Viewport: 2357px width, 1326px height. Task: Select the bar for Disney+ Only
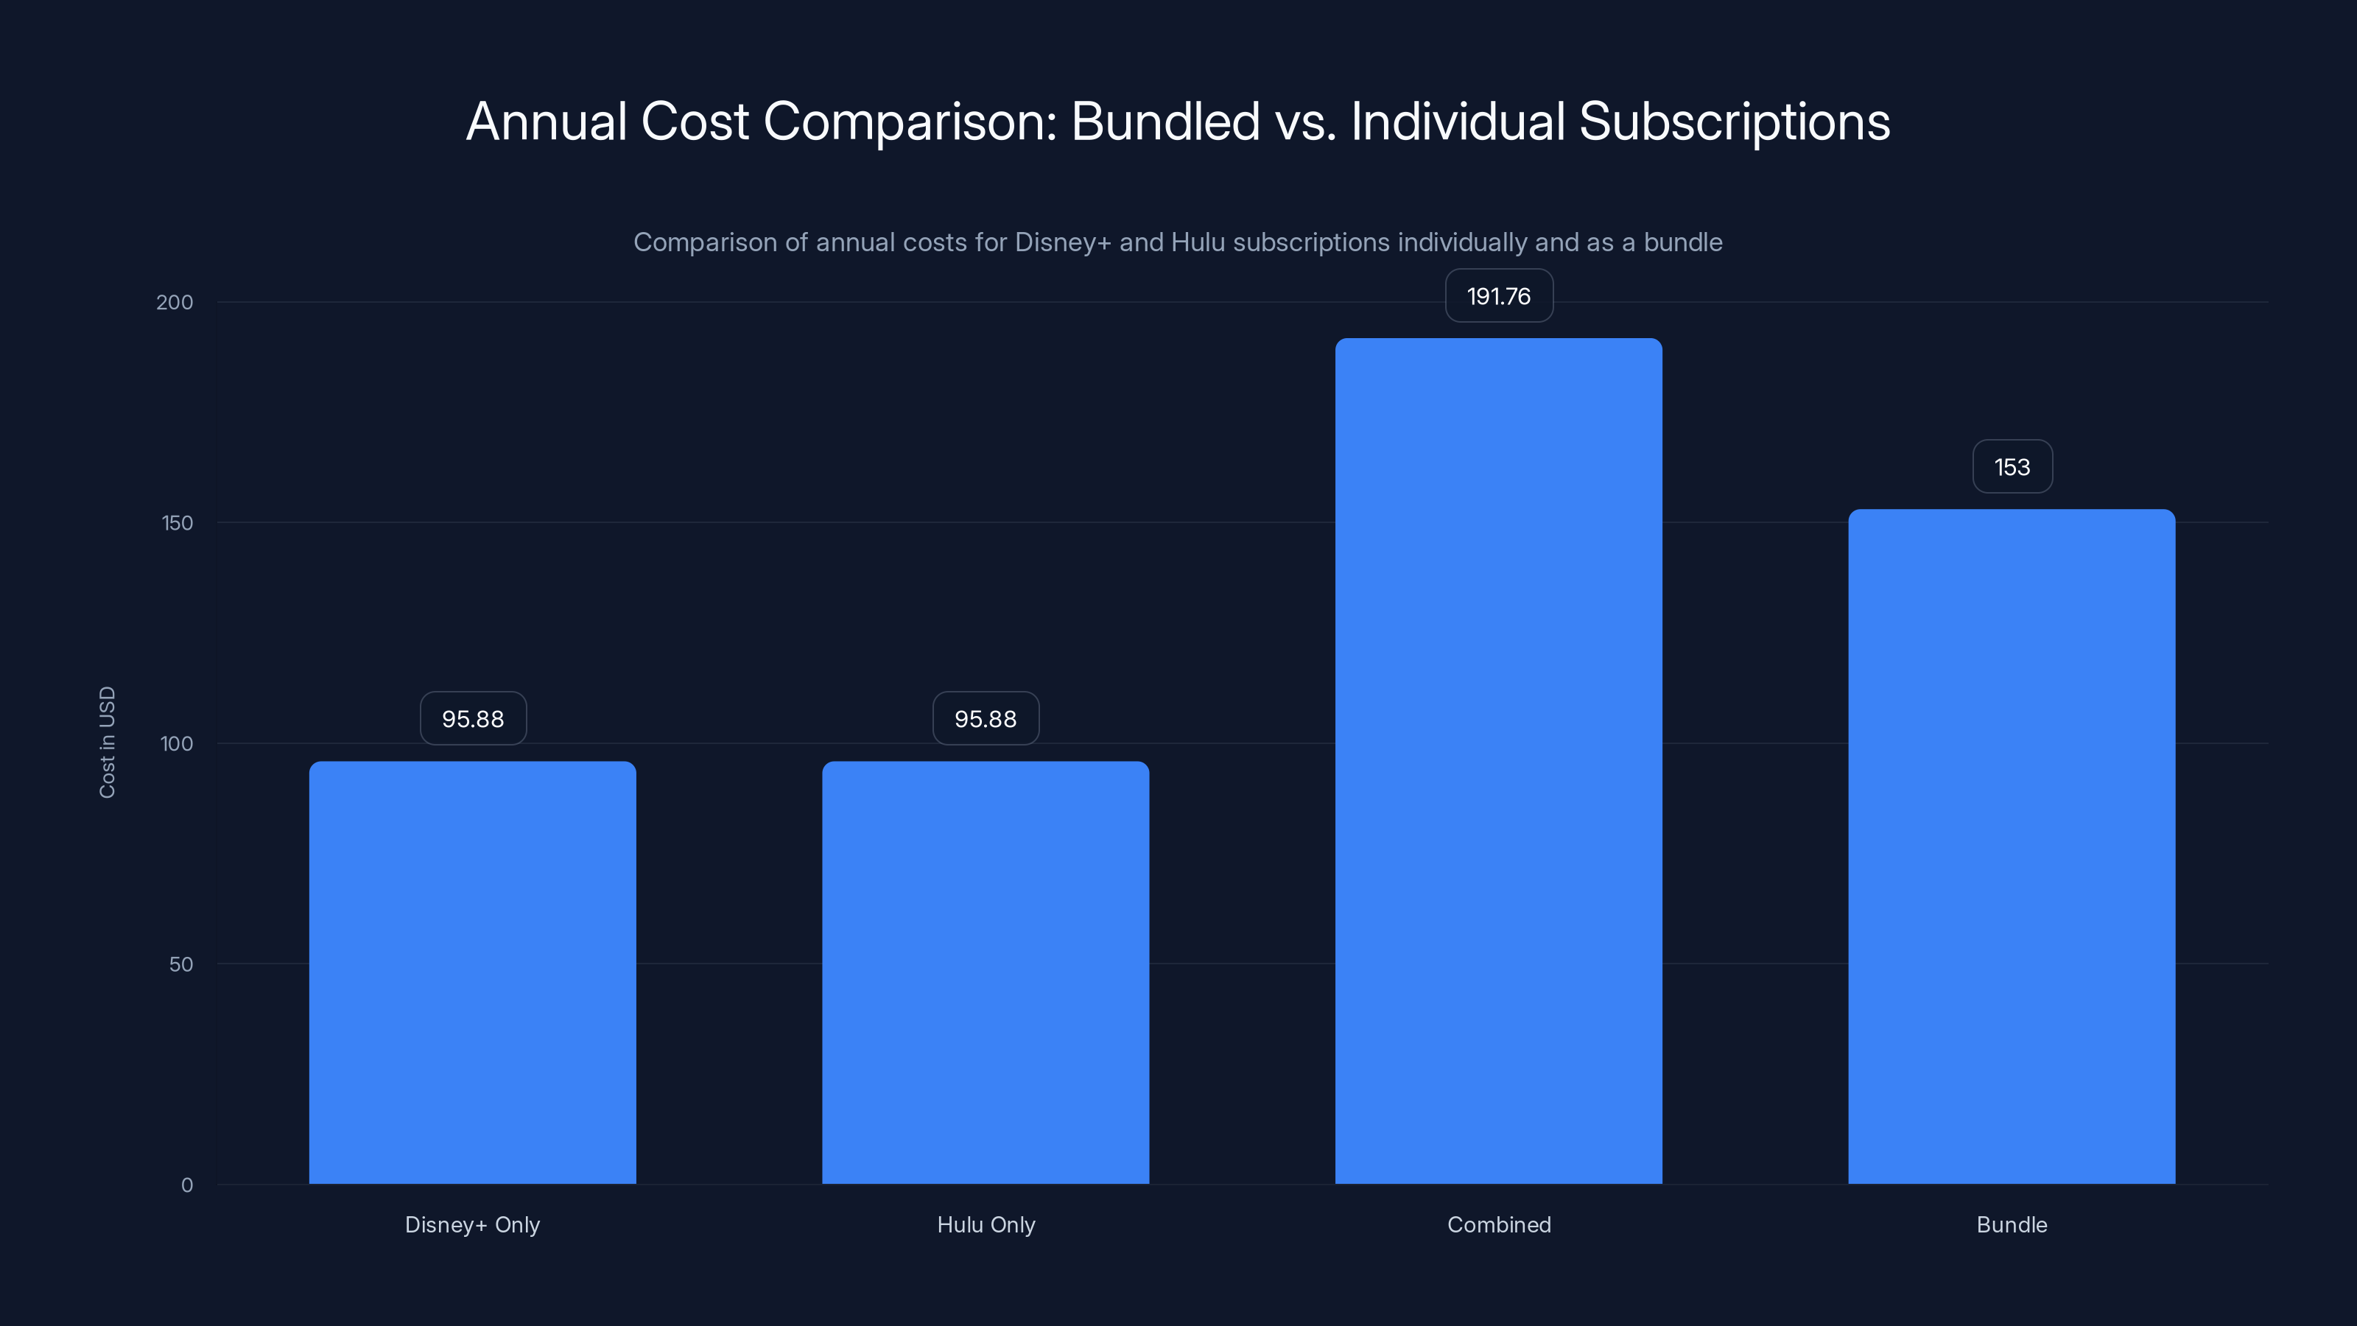click(472, 972)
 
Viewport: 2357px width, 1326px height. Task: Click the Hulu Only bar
click(986, 972)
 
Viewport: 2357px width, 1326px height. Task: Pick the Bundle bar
click(2011, 846)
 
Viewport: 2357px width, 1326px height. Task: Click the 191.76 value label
click(1498, 295)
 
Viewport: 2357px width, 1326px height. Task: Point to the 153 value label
click(2011, 467)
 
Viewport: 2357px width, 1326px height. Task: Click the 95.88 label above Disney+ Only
click(472, 718)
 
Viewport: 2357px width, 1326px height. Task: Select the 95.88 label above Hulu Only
click(986, 718)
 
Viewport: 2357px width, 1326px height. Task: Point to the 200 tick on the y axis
click(175, 302)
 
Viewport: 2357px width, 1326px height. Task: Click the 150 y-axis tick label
click(178, 522)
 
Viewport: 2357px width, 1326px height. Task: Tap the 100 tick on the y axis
click(177, 743)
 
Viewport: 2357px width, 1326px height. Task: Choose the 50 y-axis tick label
click(181, 964)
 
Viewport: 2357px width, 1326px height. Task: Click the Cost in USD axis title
click(107, 742)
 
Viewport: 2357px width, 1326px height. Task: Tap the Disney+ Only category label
click(472, 1224)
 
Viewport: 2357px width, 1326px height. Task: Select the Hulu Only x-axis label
click(986, 1224)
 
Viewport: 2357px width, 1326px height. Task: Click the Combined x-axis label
click(1498, 1224)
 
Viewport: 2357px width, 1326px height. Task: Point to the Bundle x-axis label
click(2011, 1224)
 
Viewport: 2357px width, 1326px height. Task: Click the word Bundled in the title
click(1165, 121)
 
